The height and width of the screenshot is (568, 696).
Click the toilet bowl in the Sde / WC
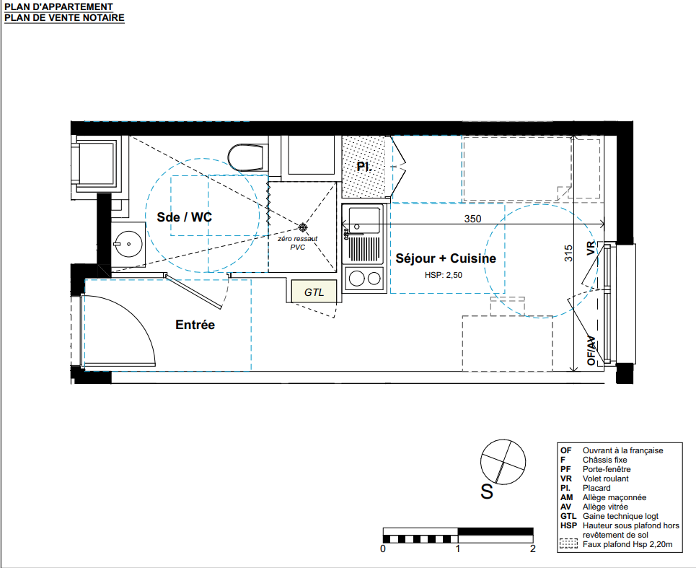click(247, 157)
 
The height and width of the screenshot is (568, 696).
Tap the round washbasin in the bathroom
click(128, 244)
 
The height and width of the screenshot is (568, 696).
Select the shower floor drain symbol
click(302, 227)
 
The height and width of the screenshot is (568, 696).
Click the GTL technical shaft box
click(314, 292)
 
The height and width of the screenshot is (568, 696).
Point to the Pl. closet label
click(364, 167)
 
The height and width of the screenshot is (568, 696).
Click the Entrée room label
click(195, 325)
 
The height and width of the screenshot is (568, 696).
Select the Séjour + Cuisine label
click(446, 258)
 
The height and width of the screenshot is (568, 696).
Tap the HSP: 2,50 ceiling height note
click(444, 275)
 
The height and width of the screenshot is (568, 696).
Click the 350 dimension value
click(472, 219)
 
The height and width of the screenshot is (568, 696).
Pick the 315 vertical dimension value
click(568, 253)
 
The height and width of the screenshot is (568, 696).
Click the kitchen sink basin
click(364, 220)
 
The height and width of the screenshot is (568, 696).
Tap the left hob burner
click(357, 279)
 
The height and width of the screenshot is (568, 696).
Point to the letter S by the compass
click(487, 491)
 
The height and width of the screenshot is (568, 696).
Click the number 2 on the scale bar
click(533, 549)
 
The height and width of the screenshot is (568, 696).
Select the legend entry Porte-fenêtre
click(607, 469)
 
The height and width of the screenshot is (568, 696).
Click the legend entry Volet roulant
click(605, 479)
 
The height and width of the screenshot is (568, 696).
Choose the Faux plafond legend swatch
click(568, 544)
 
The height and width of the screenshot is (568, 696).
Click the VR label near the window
click(591, 248)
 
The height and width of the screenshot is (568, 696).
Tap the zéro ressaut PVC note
click(297, 243)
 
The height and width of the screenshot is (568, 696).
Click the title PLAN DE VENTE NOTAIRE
click(64, 18)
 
